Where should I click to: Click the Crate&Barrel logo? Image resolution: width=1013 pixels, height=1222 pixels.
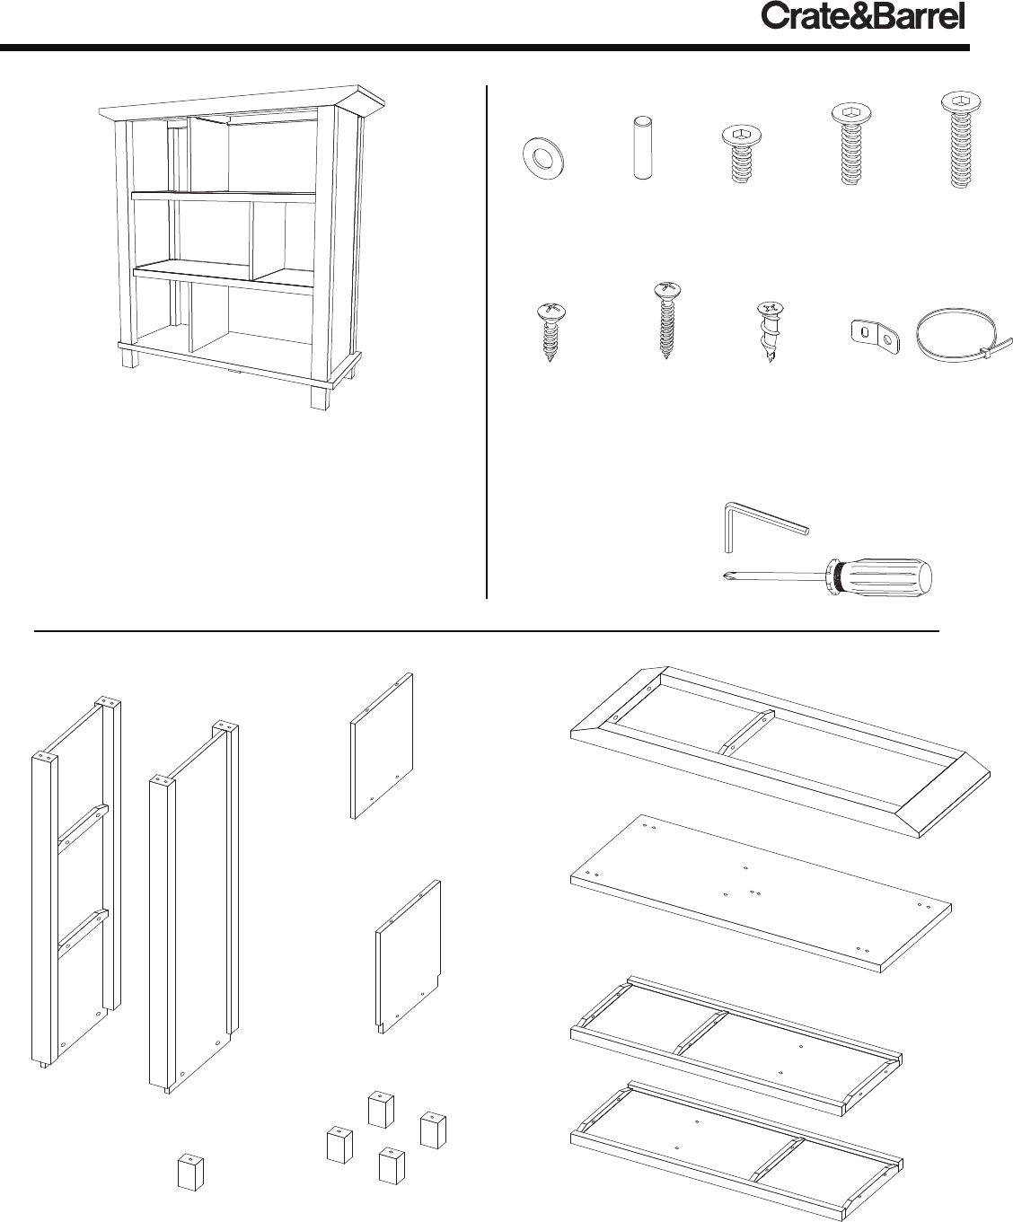862,17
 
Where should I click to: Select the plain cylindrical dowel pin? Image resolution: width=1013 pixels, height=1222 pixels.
642,148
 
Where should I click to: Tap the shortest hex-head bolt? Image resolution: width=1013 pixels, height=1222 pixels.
741,154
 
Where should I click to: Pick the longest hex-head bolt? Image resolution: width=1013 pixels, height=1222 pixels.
960,139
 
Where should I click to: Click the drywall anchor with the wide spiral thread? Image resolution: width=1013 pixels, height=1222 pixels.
770,331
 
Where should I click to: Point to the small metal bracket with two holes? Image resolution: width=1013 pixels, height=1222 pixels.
875,338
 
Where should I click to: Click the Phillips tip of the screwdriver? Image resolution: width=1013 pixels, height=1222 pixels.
728,576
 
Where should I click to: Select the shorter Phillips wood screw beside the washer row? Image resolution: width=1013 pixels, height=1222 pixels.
550,331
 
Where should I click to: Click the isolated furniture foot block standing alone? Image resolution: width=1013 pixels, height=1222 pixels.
190,1172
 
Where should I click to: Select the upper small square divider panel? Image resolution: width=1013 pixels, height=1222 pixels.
382,746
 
